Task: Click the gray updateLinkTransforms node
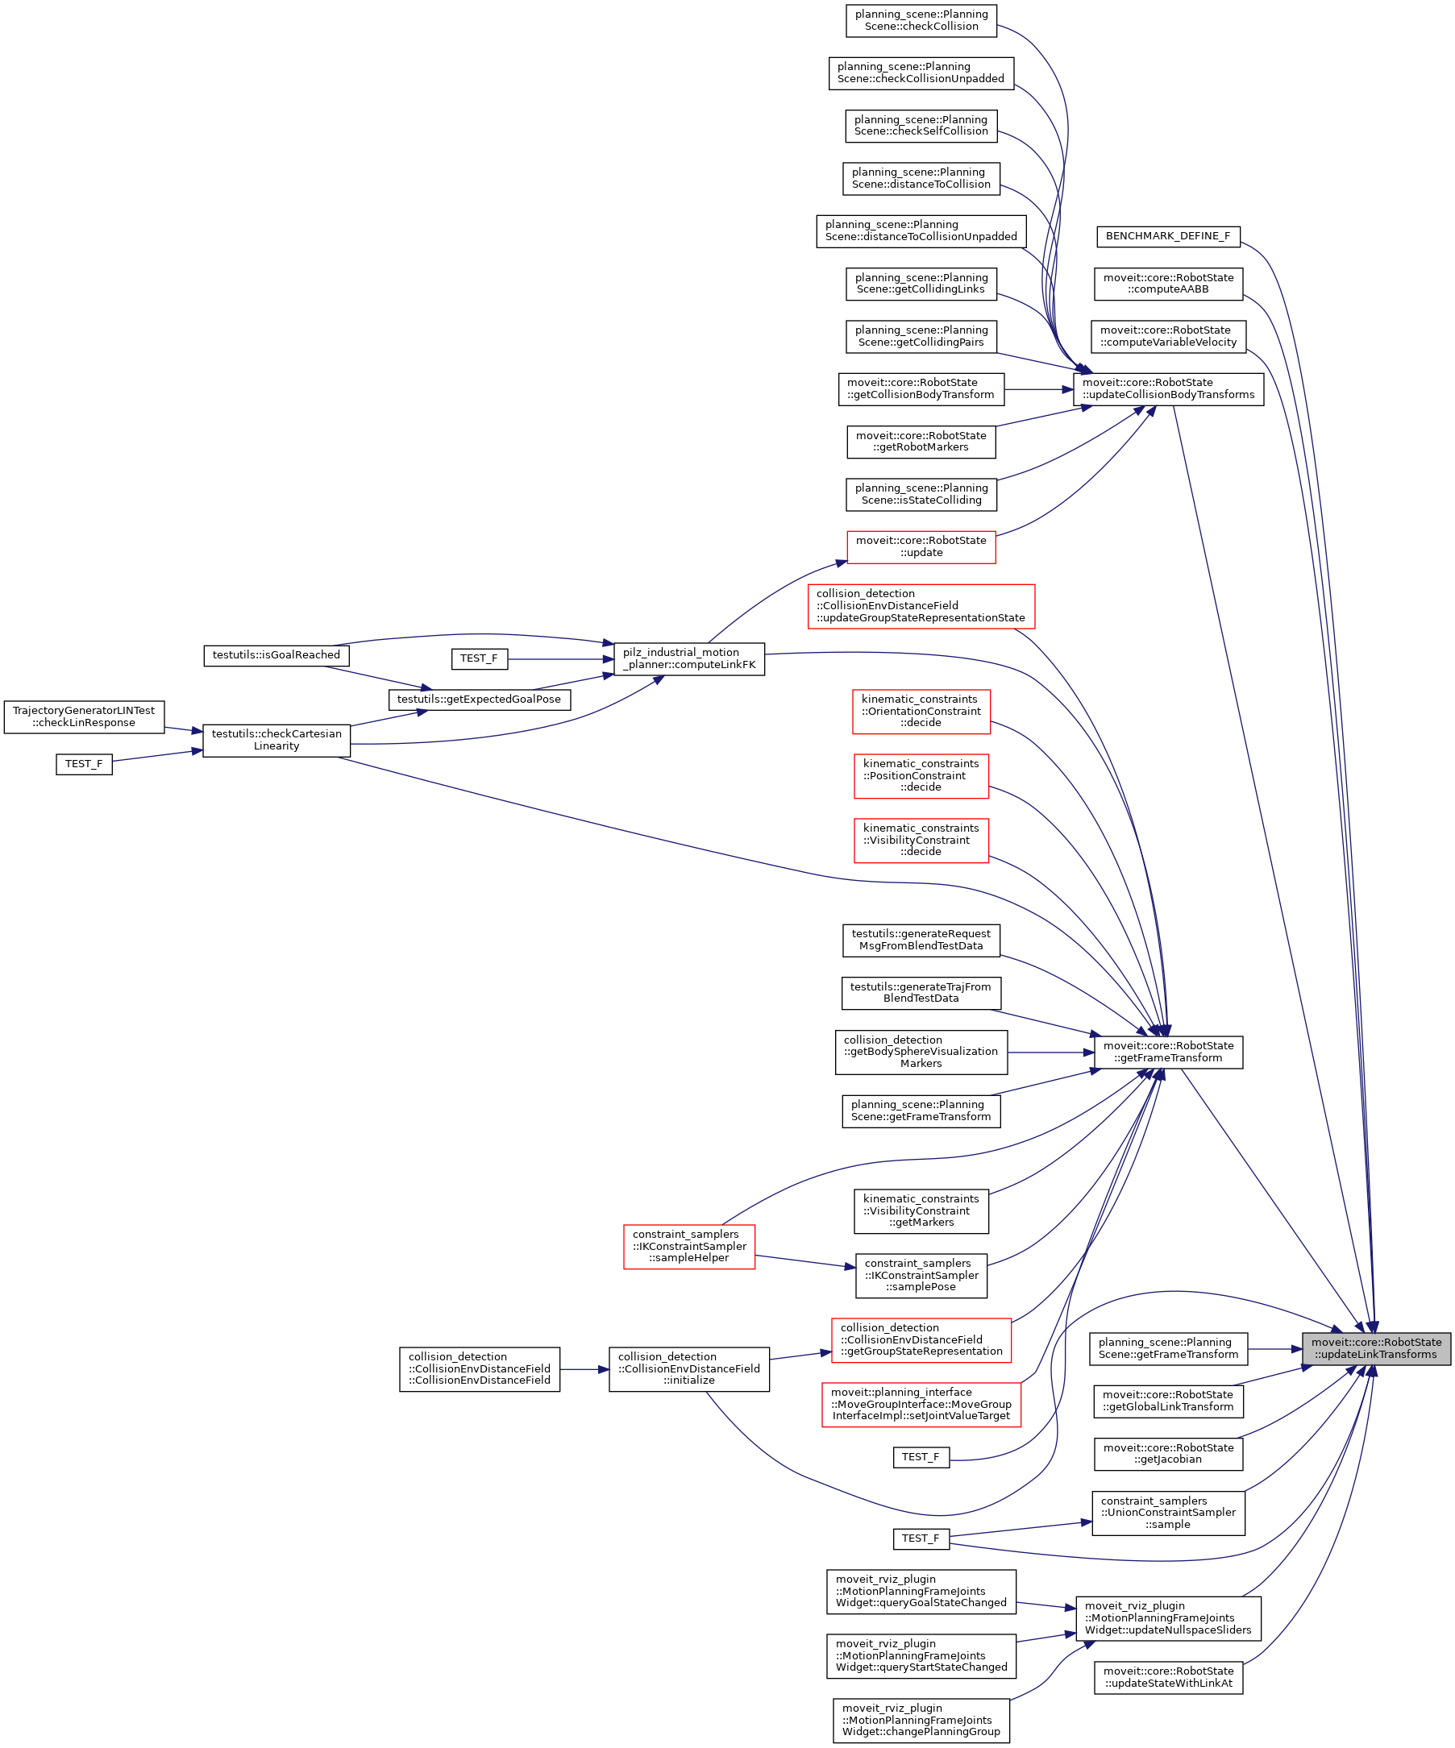coord(1377,1348)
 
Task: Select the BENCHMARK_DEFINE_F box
coord(1168,236)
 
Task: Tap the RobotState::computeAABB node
coord(1168,284)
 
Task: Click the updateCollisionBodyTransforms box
coord(1168,388)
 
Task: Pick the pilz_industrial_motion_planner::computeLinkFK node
coord(688,658)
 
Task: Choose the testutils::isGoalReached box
coord(276,655)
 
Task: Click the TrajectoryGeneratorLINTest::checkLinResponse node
coord(84,716)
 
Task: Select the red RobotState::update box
coord(921,547)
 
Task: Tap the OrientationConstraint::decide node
coord(921,712)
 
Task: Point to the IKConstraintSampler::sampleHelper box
coord(689,1246)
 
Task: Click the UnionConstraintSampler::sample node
coord(1168,1513)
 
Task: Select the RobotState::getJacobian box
coord(1168,1453)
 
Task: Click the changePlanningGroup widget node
coord(921,1721)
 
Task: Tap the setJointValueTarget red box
coord(921,1404)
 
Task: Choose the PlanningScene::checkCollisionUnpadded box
coord(921,73)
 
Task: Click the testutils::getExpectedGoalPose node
coord(480,700)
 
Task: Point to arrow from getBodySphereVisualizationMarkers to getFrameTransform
coord(1051,1053)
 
